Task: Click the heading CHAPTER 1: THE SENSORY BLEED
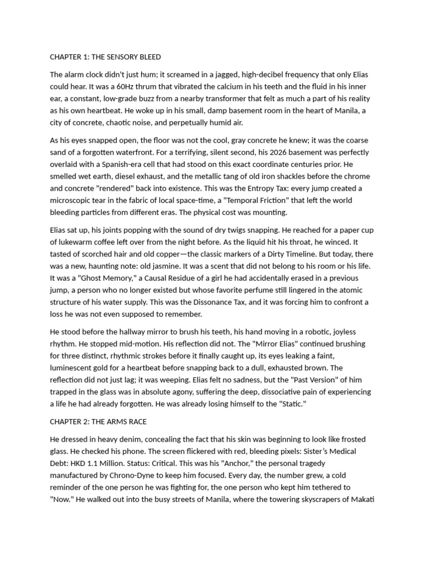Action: tap(105, 57)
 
